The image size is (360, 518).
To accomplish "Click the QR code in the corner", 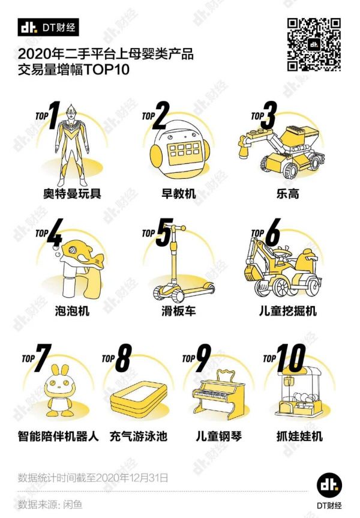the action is (313, 44).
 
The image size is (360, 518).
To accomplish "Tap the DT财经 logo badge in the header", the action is (48, 28).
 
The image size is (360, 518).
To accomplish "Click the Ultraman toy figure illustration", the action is (72, 145).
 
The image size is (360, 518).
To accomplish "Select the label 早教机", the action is (178, 193).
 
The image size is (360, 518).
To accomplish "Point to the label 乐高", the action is (288, 193).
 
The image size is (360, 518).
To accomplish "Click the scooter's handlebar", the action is (178, 227).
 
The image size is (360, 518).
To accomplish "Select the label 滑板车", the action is (178, 310).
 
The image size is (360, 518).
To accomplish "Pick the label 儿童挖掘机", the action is (288, 310).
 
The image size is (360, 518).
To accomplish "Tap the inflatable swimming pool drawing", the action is (139, 398).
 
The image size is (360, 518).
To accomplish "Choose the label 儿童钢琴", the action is (218, 436).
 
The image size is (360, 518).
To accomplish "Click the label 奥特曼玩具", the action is (72, 193).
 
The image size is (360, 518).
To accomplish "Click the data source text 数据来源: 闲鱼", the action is (50, 504).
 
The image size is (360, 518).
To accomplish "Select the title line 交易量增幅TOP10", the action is (73, 70).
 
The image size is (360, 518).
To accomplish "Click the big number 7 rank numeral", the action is (43, 358).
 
